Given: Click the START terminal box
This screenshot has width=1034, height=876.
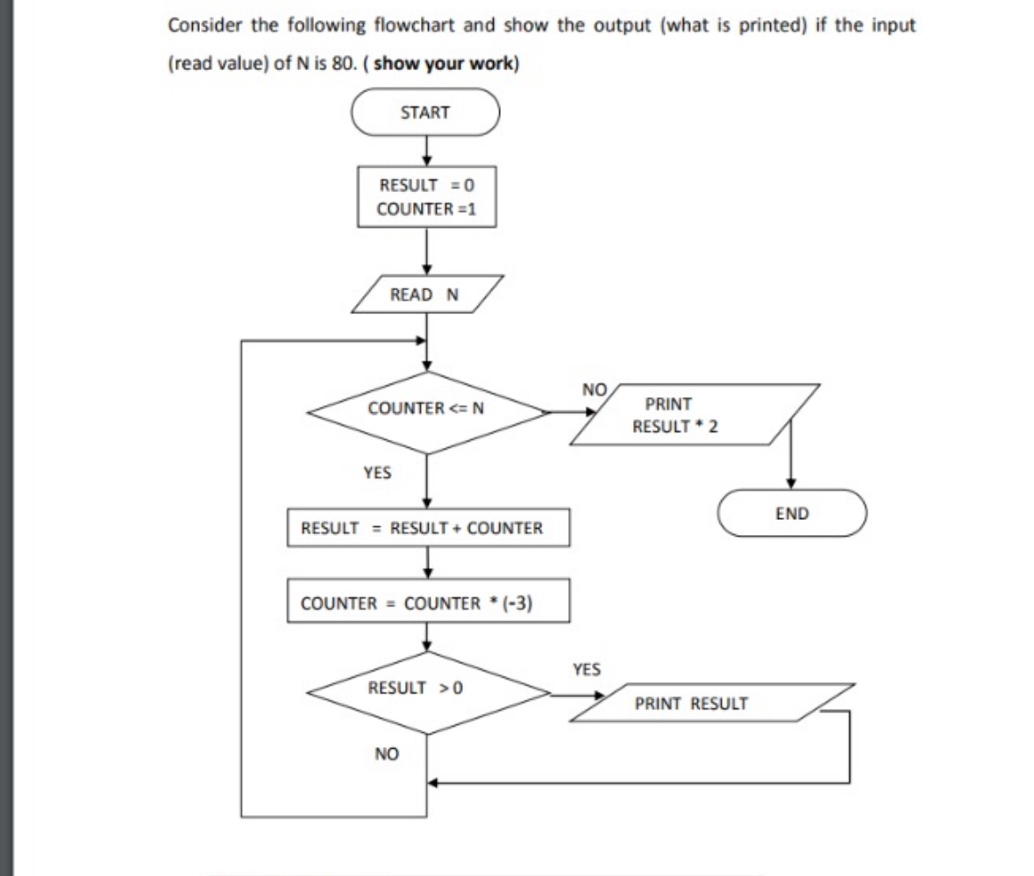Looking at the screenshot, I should click(x=425, y=112).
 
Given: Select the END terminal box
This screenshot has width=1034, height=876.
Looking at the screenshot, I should click(x=792, y=514).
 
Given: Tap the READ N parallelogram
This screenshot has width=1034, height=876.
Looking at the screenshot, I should click(x=425, y=295).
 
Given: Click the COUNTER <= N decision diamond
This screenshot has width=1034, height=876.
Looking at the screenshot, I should click(x=426, y=409).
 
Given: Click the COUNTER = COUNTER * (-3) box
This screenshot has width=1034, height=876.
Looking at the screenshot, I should click(x=427, y=603).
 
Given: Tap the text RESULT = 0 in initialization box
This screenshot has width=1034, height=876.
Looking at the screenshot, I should click(x=425, y=185).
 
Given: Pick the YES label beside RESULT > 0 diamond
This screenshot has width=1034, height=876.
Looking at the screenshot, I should click(x=586, y=670).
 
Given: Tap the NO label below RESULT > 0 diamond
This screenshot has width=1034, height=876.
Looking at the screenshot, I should click(x=387, y=753).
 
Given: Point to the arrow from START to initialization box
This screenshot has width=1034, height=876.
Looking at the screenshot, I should click(x=425, y=151).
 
